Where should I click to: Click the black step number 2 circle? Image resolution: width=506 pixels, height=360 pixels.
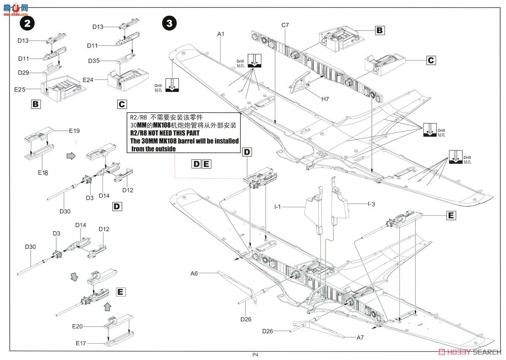tap(27, 24)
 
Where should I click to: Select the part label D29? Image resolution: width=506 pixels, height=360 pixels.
tap(24, 73)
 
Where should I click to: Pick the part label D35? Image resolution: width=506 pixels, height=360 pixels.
tap(94, 61)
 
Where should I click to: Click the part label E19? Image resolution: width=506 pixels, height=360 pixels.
tap(74, 131)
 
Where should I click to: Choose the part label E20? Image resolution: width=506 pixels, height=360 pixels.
tap(78, 326)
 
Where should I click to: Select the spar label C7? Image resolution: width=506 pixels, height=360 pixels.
tap(285, 25)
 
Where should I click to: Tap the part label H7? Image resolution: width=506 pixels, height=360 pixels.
tap(325, 99)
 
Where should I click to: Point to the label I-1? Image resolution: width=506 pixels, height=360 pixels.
tap(278, 207)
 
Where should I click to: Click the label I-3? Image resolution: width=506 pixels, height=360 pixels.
tap(371, 204)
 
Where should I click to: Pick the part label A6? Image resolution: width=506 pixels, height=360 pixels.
tap(194, 273)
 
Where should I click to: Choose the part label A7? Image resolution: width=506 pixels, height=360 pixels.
tap(360, 337)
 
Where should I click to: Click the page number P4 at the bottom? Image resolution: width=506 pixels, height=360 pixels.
tap(255, 355)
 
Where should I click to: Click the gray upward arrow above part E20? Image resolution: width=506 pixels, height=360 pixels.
tap(108, 305)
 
